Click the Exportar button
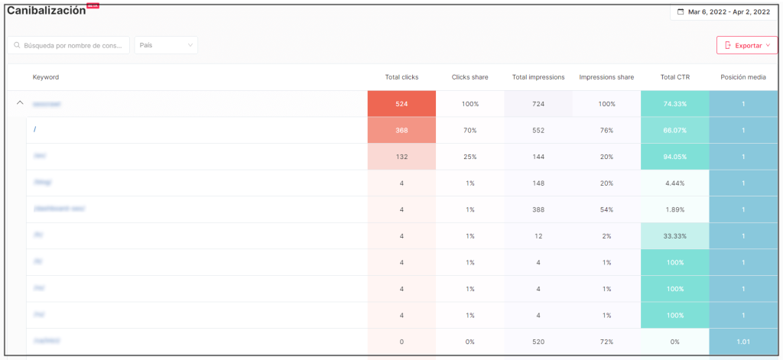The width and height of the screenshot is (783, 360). [746, 46]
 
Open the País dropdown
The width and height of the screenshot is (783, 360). [166, 46]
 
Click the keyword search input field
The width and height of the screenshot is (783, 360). [69, 46]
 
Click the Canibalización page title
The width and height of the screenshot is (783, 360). [46, 11]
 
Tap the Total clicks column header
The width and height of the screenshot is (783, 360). [401, 77]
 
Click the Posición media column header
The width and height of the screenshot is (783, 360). [743, 77]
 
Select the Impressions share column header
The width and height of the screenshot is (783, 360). [606, 77]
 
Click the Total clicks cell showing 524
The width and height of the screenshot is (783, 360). [401, 104]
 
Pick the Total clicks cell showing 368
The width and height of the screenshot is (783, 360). [401, 131]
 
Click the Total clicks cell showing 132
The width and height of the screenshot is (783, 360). [401, 157]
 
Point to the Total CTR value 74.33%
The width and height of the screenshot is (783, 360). [674, 104]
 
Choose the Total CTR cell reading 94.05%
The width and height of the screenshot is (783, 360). [674, 157]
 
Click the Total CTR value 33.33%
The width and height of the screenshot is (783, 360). [674, 236]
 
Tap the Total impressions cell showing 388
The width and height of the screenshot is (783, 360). [538, 209]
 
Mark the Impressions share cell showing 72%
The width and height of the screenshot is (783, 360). [606, 342]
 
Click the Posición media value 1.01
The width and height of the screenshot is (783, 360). [743, 342]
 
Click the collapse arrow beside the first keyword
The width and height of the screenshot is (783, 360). [20, 103]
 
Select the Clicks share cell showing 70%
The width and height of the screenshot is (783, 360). [469, 131]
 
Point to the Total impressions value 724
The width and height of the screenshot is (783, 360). [538, 104]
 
